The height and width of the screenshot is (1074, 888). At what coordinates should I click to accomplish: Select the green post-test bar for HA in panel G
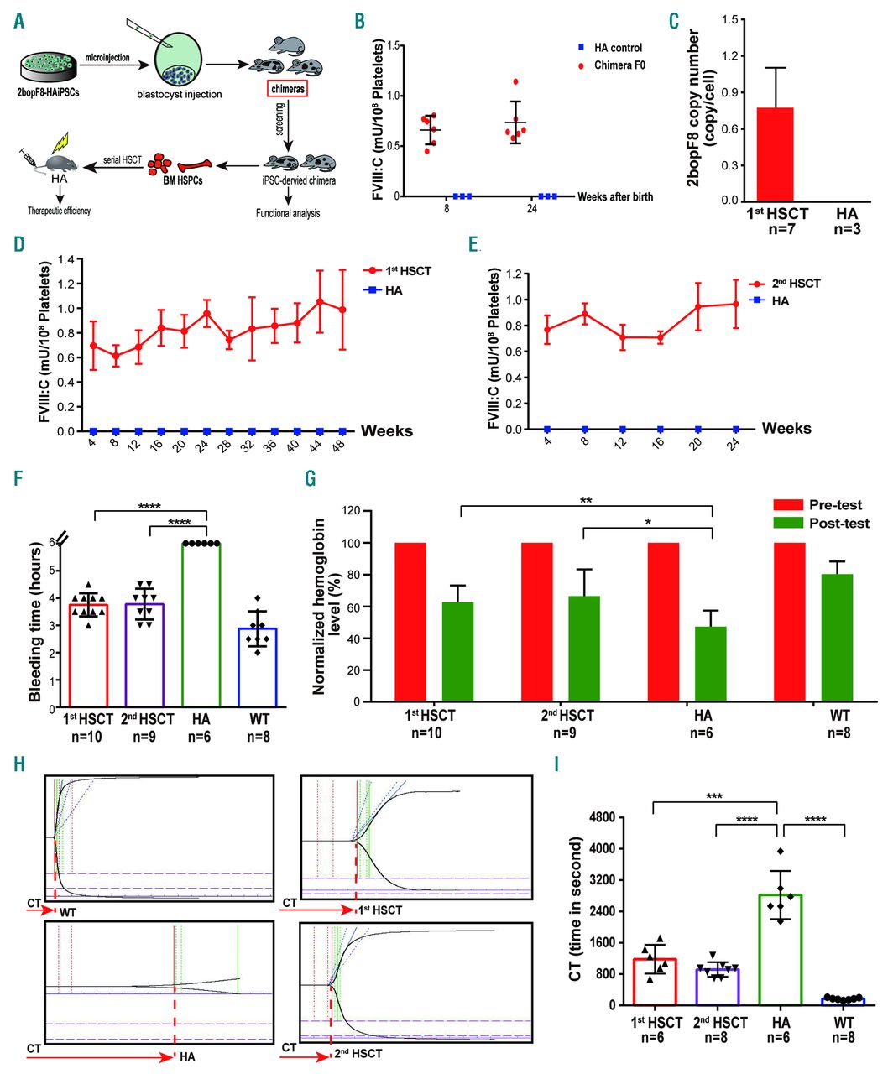(711, 664)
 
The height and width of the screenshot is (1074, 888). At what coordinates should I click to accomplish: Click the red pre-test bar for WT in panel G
(790, 622)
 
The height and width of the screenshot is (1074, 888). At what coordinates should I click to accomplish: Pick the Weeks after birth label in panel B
(615, 196)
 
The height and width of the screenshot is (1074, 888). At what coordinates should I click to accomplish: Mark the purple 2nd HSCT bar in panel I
(717, 986)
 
